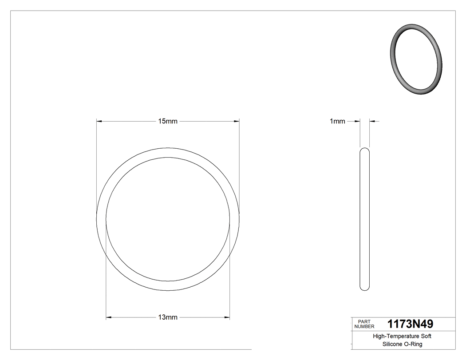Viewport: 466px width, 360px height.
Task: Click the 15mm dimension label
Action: tap(168, 121)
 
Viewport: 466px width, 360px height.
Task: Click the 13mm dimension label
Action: tap(168, 317)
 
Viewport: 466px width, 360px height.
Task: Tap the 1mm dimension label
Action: tap(337, 121)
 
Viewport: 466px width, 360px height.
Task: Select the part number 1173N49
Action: tap(410, 324)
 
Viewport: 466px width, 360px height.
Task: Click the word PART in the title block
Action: tap(364, 321)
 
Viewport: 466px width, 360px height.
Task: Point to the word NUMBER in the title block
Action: tap(364, 326)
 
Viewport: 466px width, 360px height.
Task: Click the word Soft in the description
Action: tap(425, 336)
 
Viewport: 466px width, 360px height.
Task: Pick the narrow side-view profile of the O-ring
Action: tap(364, 219)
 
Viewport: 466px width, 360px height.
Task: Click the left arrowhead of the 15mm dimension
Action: tap(99, 121)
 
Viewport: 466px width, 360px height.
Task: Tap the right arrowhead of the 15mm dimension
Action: tap(237, 121)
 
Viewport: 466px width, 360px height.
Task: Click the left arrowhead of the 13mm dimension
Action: tap(109, 317)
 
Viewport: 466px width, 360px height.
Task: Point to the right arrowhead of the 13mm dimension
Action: tap(227, 317)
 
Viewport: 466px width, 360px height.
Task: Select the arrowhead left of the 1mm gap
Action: tap(357, 121)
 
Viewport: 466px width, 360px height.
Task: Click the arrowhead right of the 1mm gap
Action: tap(372, 121)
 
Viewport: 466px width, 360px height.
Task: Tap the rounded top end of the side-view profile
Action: tap(364, 150)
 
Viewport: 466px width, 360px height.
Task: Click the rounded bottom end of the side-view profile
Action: tap(364, 288)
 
